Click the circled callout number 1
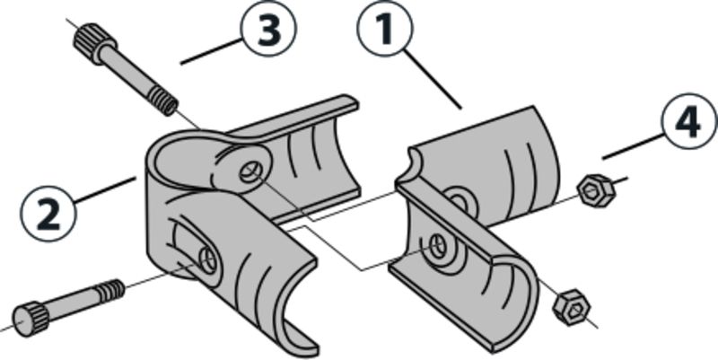coord(385,29)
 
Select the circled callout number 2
coord(48,214)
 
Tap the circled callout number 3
coord(268,29)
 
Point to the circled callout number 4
coord(688,121)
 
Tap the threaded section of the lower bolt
coord(109,291)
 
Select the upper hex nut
coord(595,190)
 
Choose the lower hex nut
coord(571,307)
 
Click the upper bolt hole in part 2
coord(250,172)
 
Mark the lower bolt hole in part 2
coord(208,260)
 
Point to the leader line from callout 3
coord(211,52)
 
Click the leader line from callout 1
coord(432,80)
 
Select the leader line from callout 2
coord(104,190)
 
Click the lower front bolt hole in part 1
coord(439,244)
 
